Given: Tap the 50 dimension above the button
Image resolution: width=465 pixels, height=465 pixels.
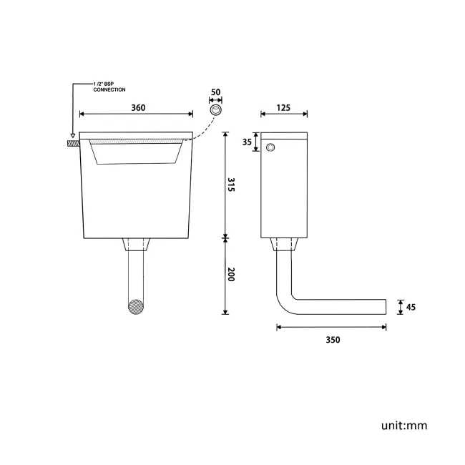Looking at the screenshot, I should click(215, 93).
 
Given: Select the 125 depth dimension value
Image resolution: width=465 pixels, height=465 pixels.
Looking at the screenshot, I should click(284, 107).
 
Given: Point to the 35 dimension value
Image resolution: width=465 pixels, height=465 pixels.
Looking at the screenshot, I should click(247, 142).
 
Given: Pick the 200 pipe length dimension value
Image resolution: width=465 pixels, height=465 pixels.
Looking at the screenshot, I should click(231, 275).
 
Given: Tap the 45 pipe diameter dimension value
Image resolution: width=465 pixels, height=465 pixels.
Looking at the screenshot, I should click(410, 307).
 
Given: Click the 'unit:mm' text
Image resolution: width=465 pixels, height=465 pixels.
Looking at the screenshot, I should click(404, 426).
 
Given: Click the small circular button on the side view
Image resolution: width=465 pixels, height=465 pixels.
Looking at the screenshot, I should click(270, 147).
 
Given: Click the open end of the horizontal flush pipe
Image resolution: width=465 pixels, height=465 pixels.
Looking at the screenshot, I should click(385, 307).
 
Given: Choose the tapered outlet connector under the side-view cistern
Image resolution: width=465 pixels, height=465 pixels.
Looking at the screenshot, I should click(284, 245).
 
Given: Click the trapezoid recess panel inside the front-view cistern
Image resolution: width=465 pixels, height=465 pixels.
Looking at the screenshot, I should click(136, 152).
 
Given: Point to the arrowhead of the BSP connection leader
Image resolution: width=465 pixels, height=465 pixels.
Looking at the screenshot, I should click(72, 135).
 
